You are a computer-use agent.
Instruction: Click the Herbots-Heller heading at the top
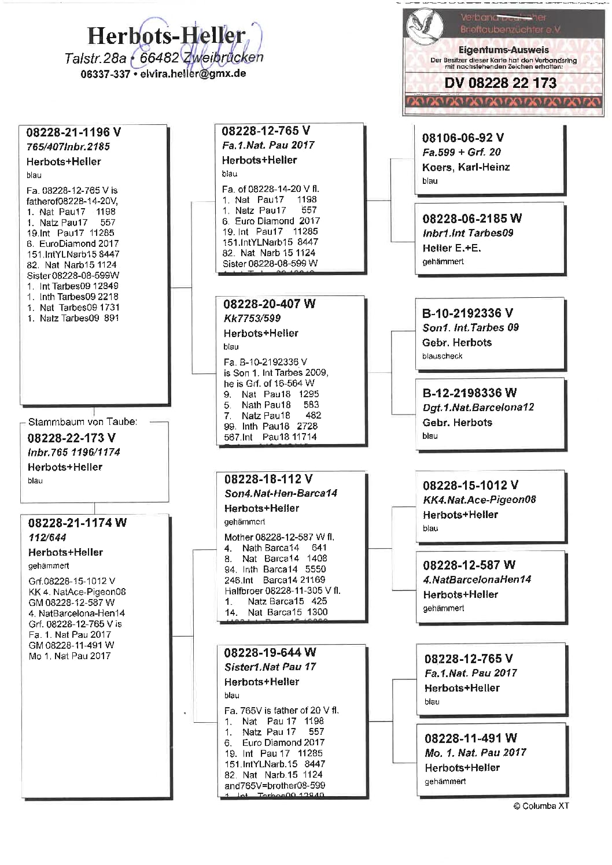tap(167, 36)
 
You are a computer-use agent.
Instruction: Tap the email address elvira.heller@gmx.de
tap(193, 74)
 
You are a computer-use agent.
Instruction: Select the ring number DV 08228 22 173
tap(500, 83)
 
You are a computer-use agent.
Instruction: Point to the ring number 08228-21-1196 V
tap(73, 132)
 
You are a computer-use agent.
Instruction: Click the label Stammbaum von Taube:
tap(83, 422)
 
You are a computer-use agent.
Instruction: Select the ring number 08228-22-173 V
tap(72, 438)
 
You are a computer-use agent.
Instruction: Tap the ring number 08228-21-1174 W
tap(77, 523)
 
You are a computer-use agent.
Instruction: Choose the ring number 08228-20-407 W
tap(269, 304)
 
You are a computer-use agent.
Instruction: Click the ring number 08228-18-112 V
tap(268, 479)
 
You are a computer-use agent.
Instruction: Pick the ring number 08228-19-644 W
tap(270, 653)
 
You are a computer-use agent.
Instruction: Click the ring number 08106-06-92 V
tap(463, 138)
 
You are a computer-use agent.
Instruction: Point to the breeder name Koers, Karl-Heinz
tap(466, 167)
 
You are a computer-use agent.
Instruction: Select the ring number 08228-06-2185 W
tap(472, 219)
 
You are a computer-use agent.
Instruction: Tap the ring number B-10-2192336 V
tap(467, 313)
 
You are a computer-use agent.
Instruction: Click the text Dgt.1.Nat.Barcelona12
tap(478, 407)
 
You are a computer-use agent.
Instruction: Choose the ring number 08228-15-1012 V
tap(470, 485)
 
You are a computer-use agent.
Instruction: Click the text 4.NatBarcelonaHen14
tap(477, 579)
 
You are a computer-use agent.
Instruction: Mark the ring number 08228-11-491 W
tap(470, 738)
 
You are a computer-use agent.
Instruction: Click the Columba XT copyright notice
tap(541, 806)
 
